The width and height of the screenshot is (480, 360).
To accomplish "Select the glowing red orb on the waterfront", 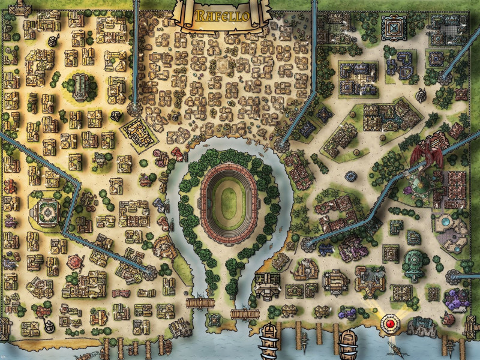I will pyautogui.click(x=391, y=323).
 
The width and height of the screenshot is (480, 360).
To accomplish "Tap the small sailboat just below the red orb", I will pyautogui.click(x=394, y=346).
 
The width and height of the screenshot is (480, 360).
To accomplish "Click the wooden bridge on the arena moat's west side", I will pyautogui.click(x=196, y=303).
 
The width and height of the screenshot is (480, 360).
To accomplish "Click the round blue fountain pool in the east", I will pyautogui.click(x=445, y=221).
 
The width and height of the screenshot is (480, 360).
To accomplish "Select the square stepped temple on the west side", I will pyautogui.click(x=46, y=211).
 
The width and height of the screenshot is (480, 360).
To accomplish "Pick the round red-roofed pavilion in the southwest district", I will pyautogui.click(x=76, y=263).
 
